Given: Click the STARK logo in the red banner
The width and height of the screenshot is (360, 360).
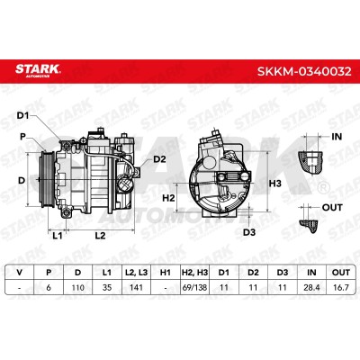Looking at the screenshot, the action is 38,70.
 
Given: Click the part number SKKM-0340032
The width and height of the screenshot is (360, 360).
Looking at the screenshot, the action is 304,71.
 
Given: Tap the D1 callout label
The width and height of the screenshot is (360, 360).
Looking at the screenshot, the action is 22,115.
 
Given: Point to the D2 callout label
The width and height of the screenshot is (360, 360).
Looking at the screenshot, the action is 159,159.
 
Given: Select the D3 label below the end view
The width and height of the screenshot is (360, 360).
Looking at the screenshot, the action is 249,232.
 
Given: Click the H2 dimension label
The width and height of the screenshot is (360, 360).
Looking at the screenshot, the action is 168,198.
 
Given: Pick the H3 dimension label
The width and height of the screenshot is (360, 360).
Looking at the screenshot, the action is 274,184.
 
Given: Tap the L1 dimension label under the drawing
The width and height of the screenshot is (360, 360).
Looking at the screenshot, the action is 58,236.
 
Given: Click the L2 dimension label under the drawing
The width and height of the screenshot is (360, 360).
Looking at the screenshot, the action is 100,236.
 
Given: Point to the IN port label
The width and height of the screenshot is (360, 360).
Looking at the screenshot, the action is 337,137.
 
